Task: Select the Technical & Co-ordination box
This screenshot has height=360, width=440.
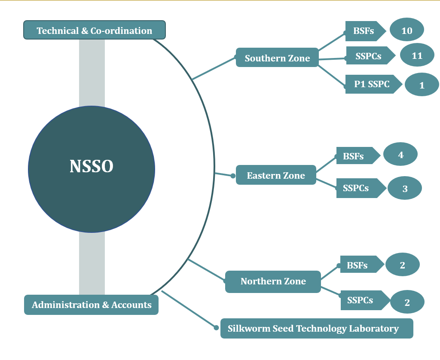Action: coord(94,30)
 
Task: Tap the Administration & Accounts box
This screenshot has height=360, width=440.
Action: coord(91,305)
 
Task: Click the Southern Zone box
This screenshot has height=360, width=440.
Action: coord(277,58)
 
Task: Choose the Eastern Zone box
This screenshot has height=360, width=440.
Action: coord(276,175)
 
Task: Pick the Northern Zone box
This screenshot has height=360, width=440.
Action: coord(273,281)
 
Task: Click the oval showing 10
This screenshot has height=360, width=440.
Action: coord(406,31)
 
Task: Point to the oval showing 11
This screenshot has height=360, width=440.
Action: coord(417,55)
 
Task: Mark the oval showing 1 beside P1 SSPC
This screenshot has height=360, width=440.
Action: coord(422,85)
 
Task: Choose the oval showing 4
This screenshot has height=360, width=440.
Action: coord(400,154)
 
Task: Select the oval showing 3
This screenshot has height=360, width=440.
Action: coord(405,188)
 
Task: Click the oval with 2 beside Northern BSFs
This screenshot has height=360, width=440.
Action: coord(402,265)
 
